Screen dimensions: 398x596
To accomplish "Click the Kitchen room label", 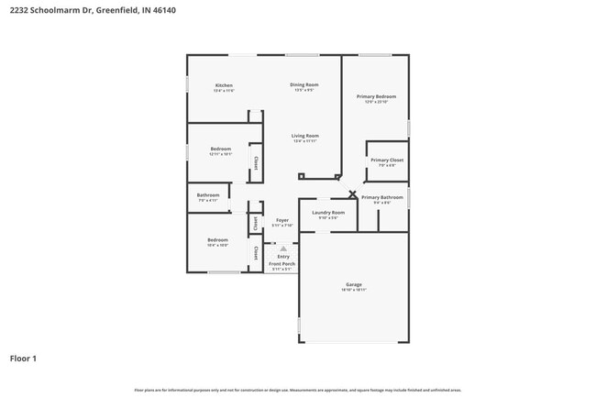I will [x=224, y=85].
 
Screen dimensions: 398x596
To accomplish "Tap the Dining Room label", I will [x=304, y=84].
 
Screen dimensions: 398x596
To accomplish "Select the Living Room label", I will [x=305, y=136].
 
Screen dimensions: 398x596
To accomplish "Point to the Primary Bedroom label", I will [x=376, y=95].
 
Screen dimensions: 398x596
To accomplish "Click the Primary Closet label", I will [x=386, y=160].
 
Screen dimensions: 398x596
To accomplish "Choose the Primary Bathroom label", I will [x=381, y=197].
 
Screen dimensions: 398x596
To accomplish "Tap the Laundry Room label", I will [x=328, y=212].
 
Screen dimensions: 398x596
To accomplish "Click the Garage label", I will [x=354, y=284].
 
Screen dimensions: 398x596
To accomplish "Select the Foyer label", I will [x=282, y=220].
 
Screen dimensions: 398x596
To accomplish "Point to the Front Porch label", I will [x=281, y=264].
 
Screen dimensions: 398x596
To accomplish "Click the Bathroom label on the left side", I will [x=208, y=194].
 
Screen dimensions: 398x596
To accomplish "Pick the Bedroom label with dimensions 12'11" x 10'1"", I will [x=220, y=149].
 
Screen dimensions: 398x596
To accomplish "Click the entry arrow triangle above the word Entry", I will [x=282, y=249].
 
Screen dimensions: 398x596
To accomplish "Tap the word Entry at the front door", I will [x=282, y=257].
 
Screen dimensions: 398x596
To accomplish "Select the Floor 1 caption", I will [x=23, y=359].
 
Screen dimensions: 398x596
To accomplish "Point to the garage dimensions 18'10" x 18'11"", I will [x=354, y=290].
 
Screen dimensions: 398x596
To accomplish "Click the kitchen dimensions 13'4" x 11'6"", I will [x=224, y=91].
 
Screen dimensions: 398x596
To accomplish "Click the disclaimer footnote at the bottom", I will [x=297, y=390].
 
